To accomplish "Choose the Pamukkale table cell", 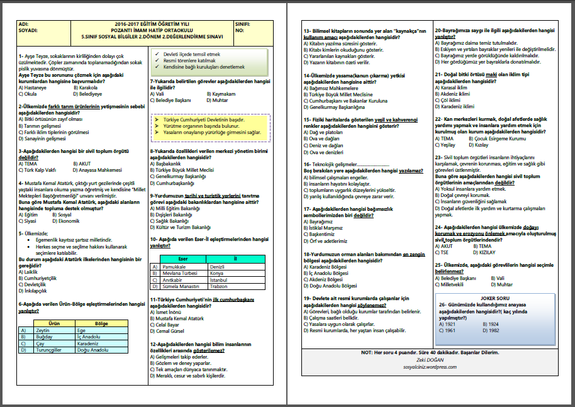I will pos(174,267).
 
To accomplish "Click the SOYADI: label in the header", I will pos(29,30).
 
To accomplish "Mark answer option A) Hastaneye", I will pos(34,87).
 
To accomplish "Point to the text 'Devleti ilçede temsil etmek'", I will pos(192,55).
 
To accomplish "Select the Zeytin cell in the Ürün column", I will pos(43,330).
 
